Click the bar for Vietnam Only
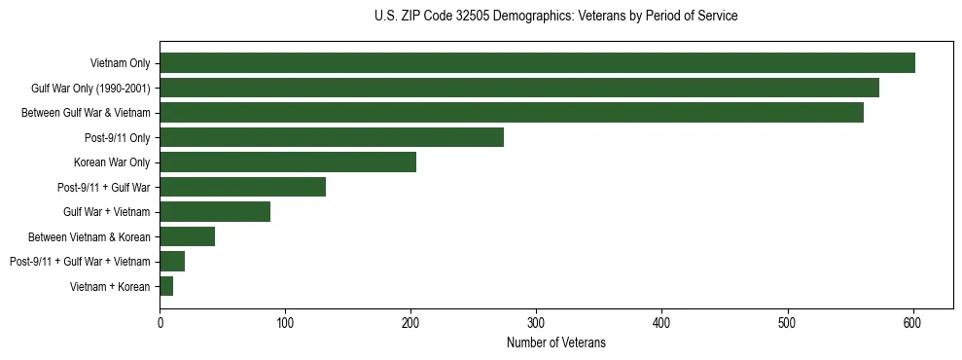537,63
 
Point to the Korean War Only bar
288,162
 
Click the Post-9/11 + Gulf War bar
242,187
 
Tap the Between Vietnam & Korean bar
187,236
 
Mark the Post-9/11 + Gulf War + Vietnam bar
172,261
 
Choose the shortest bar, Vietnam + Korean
166,286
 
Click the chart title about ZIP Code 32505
555,17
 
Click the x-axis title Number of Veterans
555,342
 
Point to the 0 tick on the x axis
160,321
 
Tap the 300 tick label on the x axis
536,321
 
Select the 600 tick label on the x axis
912,321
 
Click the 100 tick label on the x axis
285,321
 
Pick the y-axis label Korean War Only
112,162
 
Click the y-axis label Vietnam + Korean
110,286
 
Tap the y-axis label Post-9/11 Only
118,137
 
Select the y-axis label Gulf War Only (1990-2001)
90,88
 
